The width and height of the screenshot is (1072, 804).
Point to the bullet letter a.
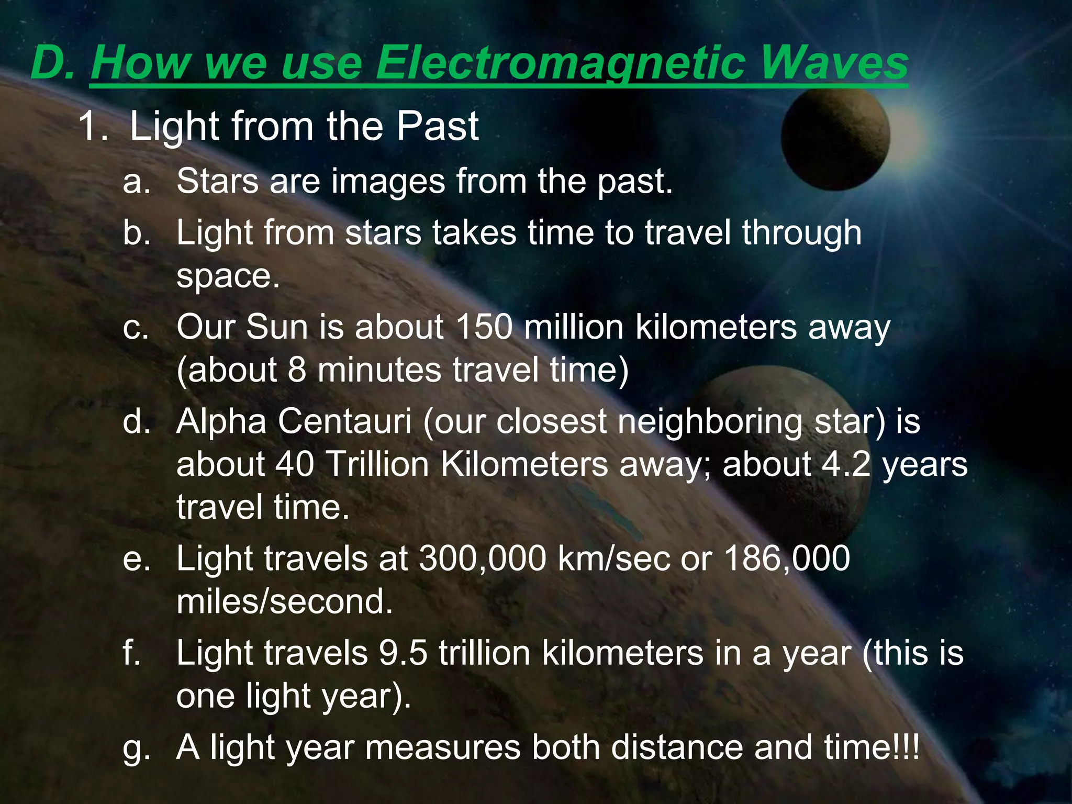tap(136, 182)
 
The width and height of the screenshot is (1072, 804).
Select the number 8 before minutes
tap(297, 370)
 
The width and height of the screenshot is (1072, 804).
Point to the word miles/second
tap(284, 602)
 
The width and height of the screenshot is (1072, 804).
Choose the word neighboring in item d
tap(710, 422)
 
